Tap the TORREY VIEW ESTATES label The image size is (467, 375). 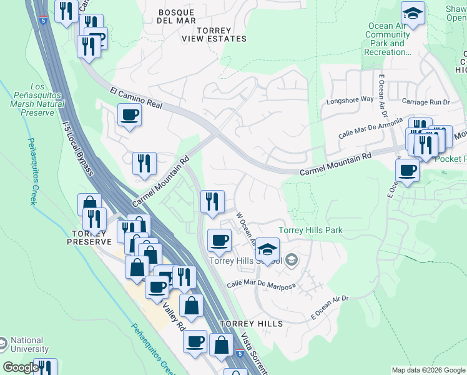click(x=214, y=34)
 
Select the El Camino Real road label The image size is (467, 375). click(x=136, y=98)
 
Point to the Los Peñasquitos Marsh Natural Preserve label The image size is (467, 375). click(x=37, y=99)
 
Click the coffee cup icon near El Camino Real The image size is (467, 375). click(x=129, y=115)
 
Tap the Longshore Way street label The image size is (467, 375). click(x=350, y=99)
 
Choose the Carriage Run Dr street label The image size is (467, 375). click(x=426, y=102)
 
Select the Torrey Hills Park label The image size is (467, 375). click(x=310, y=230)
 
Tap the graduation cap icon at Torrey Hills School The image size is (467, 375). click(x=267, y=249)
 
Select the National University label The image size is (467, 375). click(x=29, y=345)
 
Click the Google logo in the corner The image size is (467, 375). click(x=20, y=368)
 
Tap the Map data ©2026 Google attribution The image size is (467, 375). click(x=428, y=370)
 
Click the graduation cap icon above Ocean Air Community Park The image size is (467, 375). click(x=412, y=13)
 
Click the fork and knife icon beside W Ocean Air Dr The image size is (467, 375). click(x=212, y=201)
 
